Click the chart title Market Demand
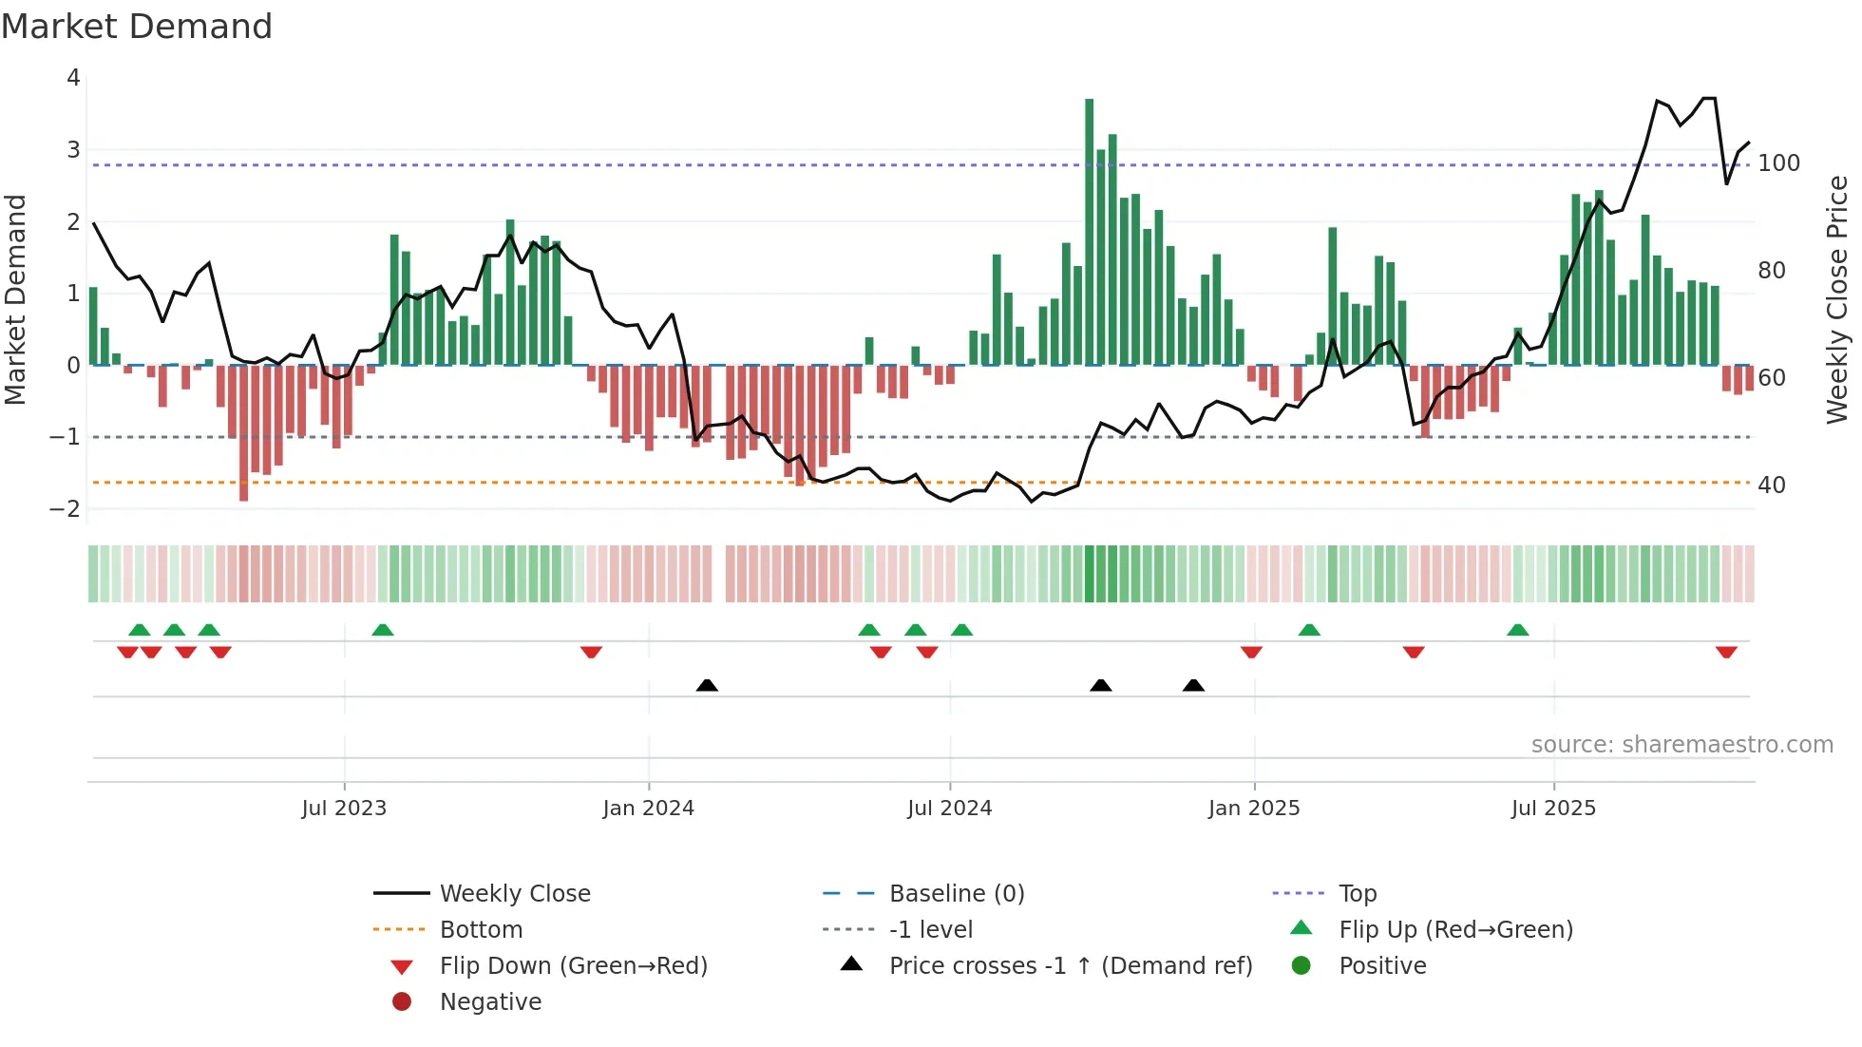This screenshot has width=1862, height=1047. [x=137, y=27]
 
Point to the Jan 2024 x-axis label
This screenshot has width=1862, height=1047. [x=648, y=809]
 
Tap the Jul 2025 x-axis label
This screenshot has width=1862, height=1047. [x=1553, y=809]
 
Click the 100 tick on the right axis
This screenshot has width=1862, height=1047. [x=1778, y=163]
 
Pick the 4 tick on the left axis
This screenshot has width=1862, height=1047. [x=73, y=78]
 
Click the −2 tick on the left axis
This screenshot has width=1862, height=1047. [x=66, y=509]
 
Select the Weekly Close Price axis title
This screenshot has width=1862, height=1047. [x=1837, y=299]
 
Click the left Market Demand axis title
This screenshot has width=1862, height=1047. [x=15, y=299]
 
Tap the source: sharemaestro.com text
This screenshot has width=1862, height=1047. [x=1681, y=745]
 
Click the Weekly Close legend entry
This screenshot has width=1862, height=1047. [x=514, y=894]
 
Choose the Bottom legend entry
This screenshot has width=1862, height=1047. [x=481, y=930]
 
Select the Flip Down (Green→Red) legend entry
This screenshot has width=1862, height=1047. [x=573, y=966]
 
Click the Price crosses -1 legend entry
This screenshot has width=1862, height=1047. [x=1070, y=966]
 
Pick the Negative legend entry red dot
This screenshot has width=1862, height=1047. [x=402, y=1002]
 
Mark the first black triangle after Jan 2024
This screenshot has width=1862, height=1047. [x=707, y=685]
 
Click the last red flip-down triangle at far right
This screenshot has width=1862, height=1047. [x=1726, y=652]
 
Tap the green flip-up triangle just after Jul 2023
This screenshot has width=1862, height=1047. [x=383, y=630]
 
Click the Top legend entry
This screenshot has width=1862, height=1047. [x=1357, y=894]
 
